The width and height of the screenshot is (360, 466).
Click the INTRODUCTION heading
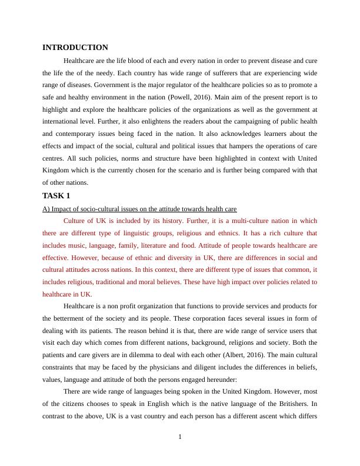[x=75, y=48]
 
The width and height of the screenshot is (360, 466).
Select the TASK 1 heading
[x=58, y=195]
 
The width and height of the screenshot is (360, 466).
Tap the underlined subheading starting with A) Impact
[x=139, y=208]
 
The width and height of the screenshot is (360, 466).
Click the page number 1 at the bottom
[x=180, y=436]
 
